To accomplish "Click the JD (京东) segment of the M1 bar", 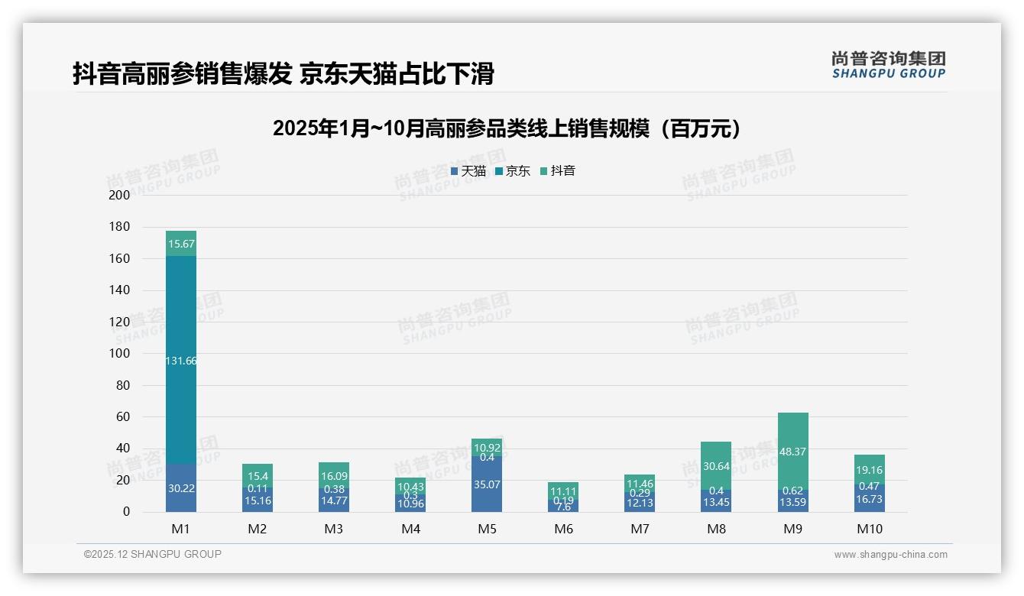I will [181, 336].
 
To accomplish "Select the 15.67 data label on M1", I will [181, 244].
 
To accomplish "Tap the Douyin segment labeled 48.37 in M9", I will [792, 452].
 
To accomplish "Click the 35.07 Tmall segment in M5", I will [487, 484].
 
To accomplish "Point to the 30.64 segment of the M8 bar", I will [716, 466].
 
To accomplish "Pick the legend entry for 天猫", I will [468, 171].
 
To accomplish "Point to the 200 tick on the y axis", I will [120, 195].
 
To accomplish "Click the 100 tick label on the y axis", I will [120, 353].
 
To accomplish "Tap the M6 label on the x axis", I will [563, 529].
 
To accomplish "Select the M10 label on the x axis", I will [869, 529].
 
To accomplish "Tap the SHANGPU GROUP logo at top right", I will [888, 65].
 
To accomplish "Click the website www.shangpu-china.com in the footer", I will [890, 555].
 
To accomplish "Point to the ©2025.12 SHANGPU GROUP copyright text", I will [153, 554].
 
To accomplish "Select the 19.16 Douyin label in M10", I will [869, 471].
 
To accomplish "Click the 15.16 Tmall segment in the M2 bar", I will [258, 500].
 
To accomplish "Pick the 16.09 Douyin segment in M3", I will [334, 475].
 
